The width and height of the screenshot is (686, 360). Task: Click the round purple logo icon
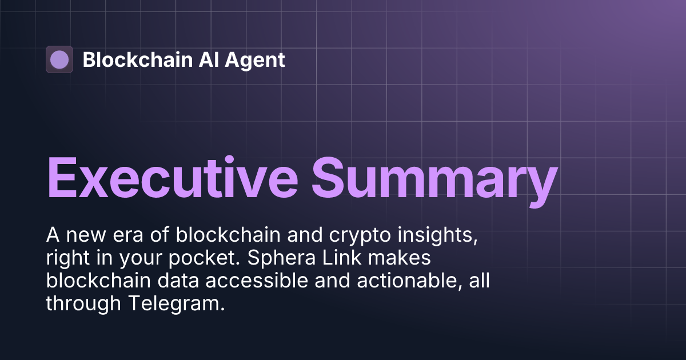pos(59,59)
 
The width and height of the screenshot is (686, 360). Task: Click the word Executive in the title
pos(171,177)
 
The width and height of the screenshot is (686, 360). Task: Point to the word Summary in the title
pos(434,177)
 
